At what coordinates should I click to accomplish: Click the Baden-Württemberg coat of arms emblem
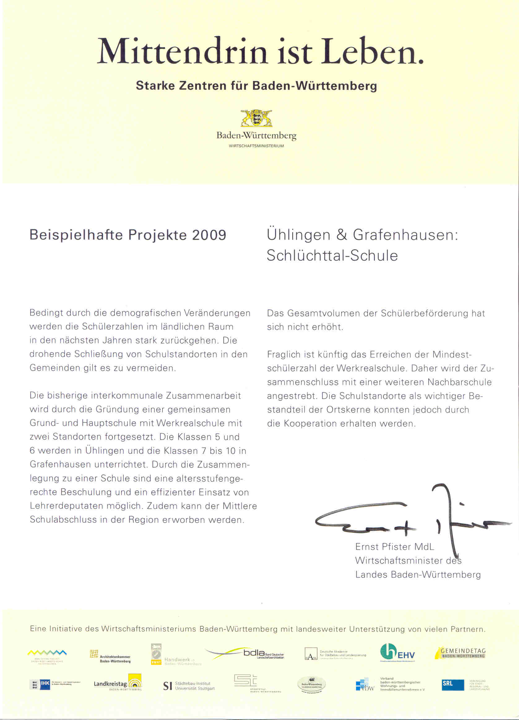257,118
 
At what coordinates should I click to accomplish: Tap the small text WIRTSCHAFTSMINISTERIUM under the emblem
256,146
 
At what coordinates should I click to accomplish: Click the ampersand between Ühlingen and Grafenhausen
342,235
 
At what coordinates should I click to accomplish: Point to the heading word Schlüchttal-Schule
332,256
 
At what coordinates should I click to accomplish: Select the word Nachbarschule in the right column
459,382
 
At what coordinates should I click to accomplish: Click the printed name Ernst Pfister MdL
394,547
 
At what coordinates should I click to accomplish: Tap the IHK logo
45,683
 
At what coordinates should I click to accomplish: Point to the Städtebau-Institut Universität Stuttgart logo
189,686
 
